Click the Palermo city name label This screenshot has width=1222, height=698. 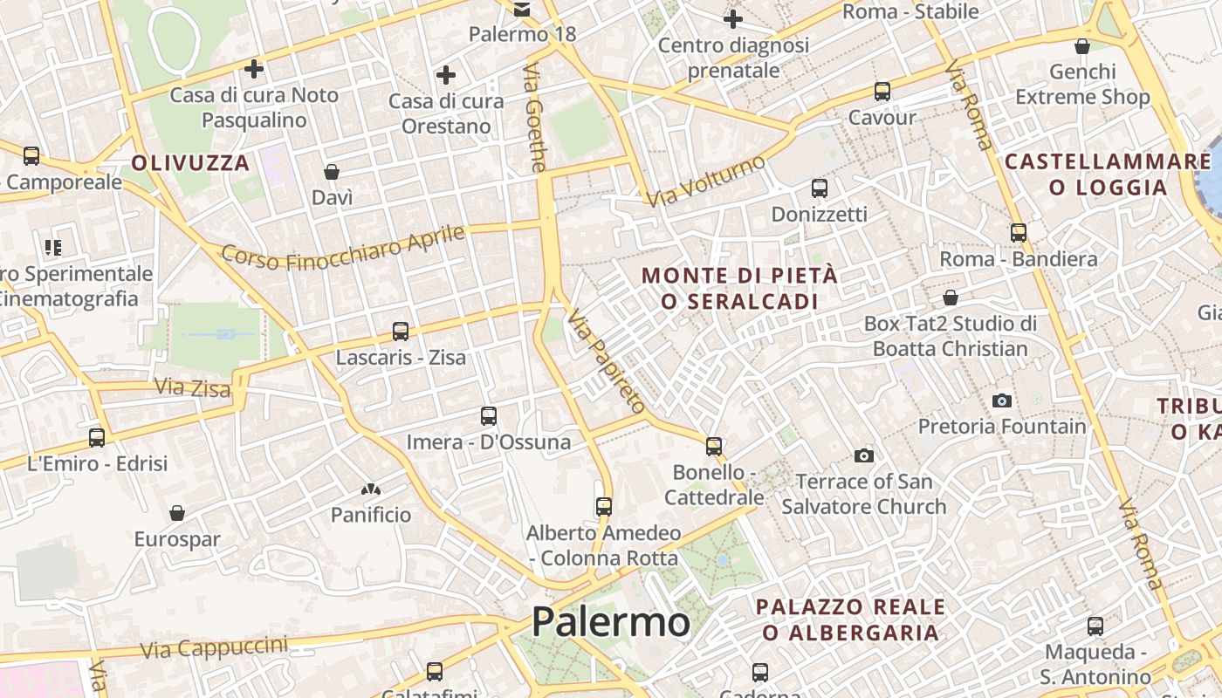[611, 622]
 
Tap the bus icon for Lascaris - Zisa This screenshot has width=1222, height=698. [401, 332]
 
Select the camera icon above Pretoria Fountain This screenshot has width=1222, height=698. [1002, 400]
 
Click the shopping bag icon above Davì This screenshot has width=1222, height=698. [332, 172]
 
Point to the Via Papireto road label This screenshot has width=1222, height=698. [607, 360]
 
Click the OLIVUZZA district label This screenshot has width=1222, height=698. [190, 162]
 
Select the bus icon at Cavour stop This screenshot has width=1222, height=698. [882, 92]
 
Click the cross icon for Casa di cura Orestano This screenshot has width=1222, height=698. [446, 75]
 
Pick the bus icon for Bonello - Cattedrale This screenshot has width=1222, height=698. [714, 447]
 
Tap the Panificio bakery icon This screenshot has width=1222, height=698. [371, 489]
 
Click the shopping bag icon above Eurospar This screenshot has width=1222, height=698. [177, 513]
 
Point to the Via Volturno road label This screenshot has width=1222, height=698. [706, 181]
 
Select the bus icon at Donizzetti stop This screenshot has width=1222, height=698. [819, 188]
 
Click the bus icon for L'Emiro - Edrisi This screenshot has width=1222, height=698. [97, 437]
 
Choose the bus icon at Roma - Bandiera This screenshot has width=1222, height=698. [1019, 233]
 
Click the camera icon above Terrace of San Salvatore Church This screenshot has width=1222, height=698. [864, 455]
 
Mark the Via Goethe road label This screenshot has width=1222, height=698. [535, 117]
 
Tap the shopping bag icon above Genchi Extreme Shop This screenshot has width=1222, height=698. [1082, 46]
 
